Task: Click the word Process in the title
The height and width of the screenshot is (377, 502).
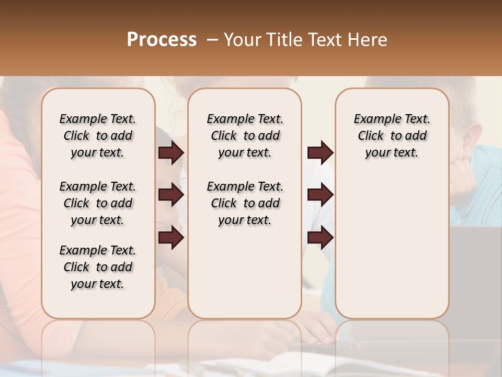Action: click(x=162, y=39)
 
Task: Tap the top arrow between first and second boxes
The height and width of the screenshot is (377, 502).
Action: click(x=171, y=152)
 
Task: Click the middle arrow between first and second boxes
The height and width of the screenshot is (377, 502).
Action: click(x=171, y=195)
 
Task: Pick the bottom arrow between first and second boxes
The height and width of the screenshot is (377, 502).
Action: click(x=171, y=238)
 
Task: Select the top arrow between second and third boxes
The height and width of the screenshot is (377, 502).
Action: click(x=320, y=152)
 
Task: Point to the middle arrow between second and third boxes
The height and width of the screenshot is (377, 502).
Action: click(x=320, y=195)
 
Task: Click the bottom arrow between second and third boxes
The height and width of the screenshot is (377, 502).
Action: click(x=320, y=238)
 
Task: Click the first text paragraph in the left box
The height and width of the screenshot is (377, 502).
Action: click(x=98, y=136)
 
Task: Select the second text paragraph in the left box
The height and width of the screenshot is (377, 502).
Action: click(x=98, y=203)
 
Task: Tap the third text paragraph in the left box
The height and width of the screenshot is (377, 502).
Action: click(x=98, y=267)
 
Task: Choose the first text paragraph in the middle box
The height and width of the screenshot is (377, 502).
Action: click(x=245, y=136)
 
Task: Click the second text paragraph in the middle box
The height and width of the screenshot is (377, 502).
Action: click(x=245, y=203)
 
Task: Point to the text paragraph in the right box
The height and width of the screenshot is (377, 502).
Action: click(x=392, y=136)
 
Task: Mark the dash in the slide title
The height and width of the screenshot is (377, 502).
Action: click(x=212, y=40)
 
